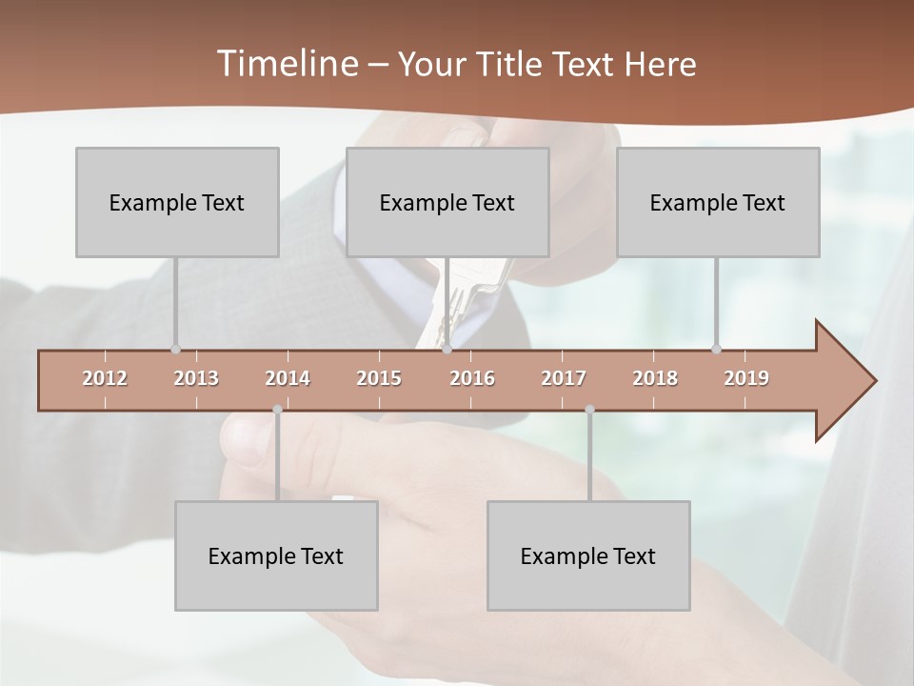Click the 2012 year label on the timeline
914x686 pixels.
105,378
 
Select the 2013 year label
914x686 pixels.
196,378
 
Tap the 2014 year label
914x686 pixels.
288,378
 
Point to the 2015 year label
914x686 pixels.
379,378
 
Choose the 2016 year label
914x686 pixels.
472,378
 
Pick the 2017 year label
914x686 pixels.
564,378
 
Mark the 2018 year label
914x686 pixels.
655,378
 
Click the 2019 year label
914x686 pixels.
746,378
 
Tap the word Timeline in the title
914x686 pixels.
285,64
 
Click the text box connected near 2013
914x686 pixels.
177,202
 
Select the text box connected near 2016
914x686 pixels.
447,202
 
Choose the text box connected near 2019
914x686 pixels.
718,202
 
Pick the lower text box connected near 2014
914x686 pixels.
276,555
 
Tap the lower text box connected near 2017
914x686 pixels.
588,555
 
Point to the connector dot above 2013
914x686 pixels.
175,349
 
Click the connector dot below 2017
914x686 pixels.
589,410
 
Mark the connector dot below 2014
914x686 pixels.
277,410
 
